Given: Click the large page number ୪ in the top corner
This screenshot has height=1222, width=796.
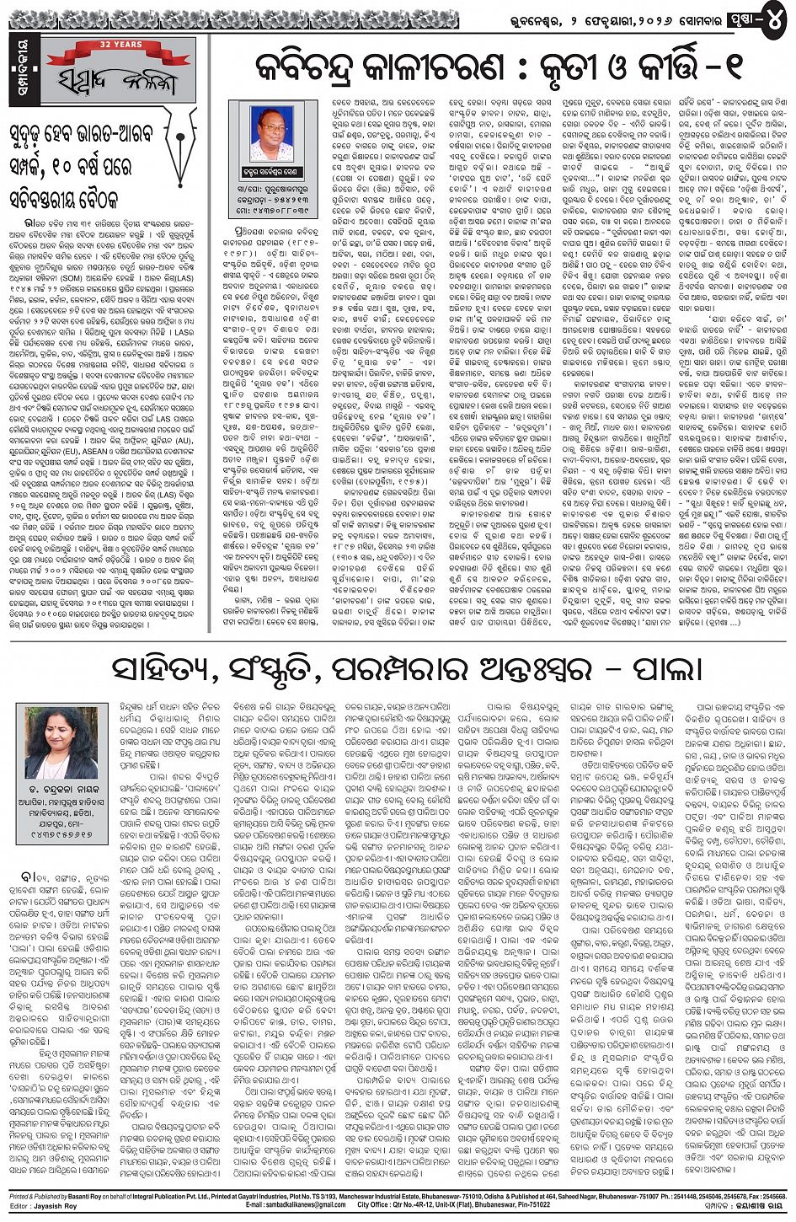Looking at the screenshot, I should point(777,13).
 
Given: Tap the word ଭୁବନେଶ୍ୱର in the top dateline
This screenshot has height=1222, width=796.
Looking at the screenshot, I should point(577,14).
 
